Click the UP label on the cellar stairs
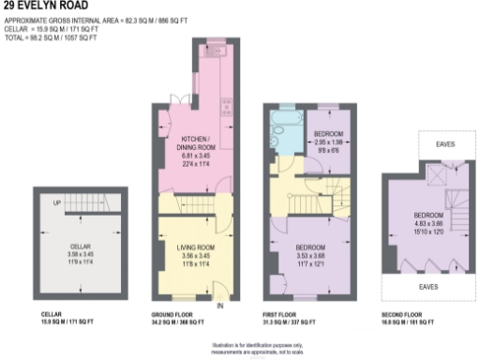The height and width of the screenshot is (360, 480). [x=57, y=202]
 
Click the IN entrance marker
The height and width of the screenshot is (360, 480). [x=219, y=306]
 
